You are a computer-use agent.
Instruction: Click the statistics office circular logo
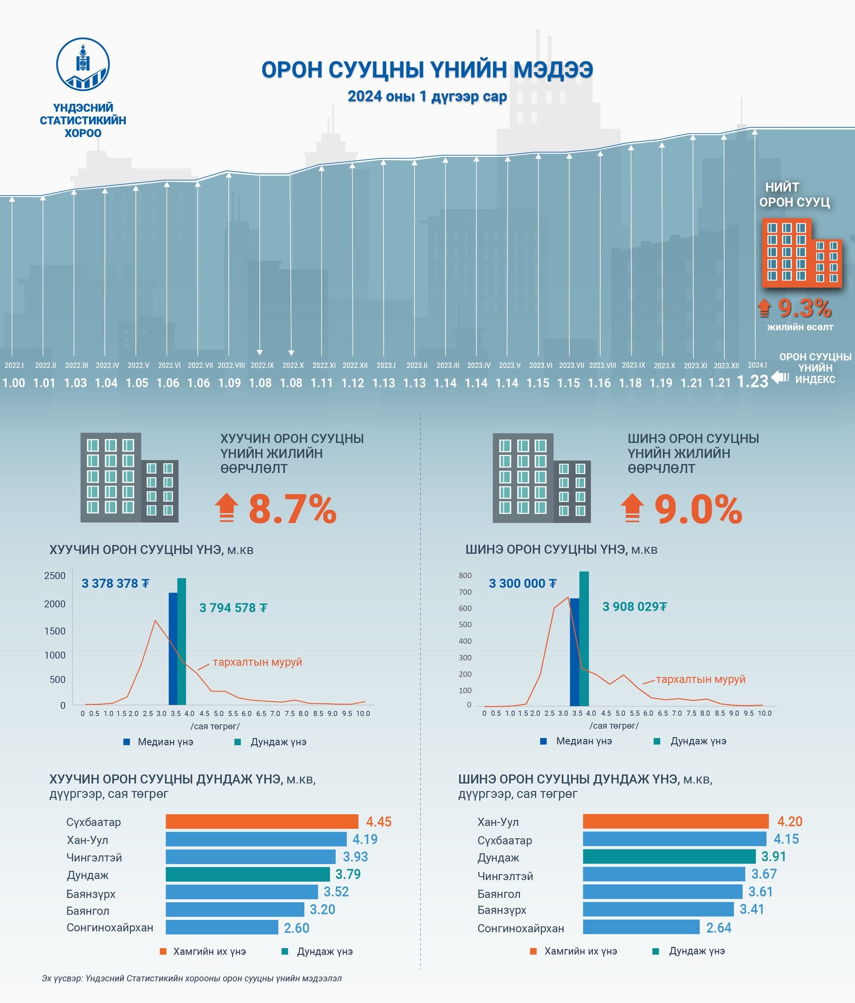point(83,64)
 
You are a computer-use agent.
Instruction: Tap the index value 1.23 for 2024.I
point(752,382)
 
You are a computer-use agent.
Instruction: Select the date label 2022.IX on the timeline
point(262,365)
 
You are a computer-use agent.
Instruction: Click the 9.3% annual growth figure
point(805,309)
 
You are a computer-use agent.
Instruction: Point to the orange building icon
point(801,253)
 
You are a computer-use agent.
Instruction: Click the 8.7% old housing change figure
point(292,509)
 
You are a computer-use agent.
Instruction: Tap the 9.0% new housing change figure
point(698,510)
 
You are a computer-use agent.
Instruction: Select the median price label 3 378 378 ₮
point(115,583)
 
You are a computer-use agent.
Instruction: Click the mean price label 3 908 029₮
point(634,607)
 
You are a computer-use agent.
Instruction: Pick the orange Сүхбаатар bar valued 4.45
point(261,821)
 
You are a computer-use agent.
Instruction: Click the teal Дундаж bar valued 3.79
point(247,874)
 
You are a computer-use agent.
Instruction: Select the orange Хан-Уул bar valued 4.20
point(675,821)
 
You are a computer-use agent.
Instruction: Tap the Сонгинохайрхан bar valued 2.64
point(641,927)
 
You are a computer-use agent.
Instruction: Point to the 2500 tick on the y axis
point(55,576)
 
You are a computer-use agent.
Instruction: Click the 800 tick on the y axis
point(465,575)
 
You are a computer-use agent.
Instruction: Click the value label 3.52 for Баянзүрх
point(336,892)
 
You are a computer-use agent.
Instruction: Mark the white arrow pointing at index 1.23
point(780,377)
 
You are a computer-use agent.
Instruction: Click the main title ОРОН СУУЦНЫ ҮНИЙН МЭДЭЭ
point(427,70)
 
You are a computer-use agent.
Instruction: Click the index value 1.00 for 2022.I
point(14,383)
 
